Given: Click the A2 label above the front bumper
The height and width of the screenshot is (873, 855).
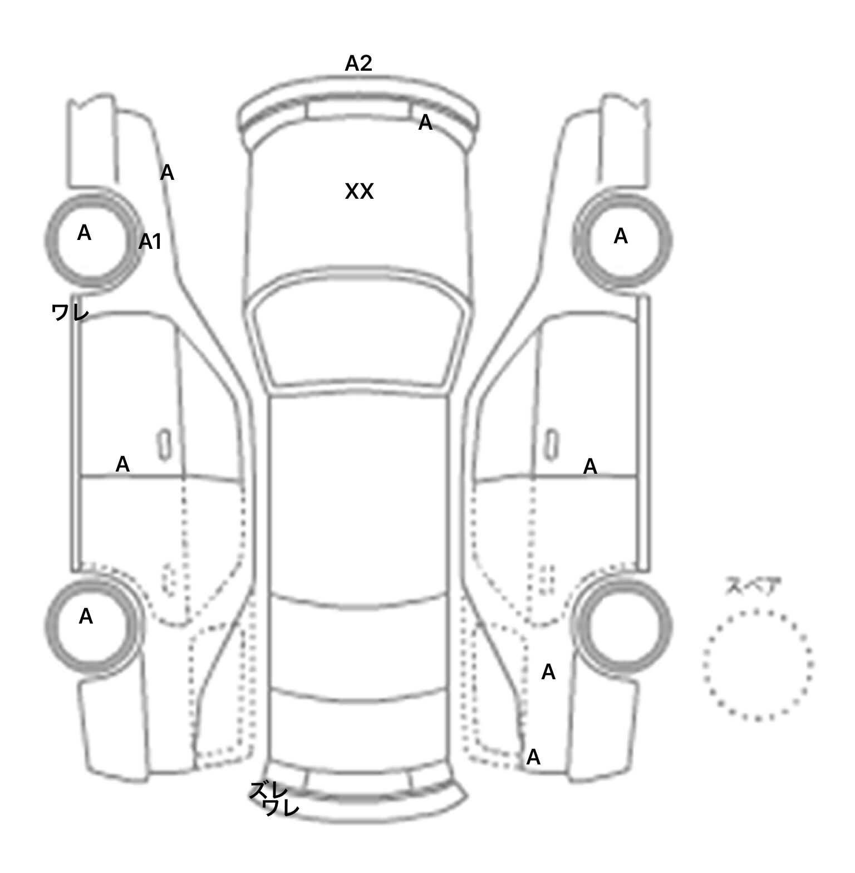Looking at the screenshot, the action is click(x=358, y=63).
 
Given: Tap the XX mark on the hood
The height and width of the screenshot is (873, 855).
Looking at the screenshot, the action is click(x=359, y=192).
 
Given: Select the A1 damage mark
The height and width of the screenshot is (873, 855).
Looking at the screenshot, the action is click(x=150, y=242).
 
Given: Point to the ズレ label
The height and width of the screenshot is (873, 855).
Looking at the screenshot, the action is click(x=269, y=790).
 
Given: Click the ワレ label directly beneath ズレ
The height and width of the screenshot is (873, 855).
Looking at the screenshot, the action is click(x=281, y=807).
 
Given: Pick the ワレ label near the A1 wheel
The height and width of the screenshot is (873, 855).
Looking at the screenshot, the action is click(x=70, y=312).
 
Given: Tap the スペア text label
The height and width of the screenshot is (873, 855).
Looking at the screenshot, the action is click(x=753, y=586).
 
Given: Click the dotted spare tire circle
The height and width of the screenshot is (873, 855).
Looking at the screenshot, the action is click(x=758, y=665).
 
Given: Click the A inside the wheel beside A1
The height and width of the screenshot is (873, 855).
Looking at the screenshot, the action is click(x=84, y=233).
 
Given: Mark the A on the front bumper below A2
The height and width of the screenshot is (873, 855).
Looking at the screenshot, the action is click(x=425, y=122).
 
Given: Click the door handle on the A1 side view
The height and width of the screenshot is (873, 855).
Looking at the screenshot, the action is click(x=164, y=445).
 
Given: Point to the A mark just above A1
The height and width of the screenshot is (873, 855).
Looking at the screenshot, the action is click(x=167, y=173).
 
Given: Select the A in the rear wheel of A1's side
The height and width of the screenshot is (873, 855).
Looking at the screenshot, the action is click(x=86, y=616).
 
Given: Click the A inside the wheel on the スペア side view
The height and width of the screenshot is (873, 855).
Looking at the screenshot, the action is click(x=621, y=237).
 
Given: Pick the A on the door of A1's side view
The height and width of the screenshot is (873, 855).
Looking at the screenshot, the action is click(x=122, y=464).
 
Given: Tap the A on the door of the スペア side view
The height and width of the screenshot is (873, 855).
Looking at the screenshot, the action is click(x=590, y=467).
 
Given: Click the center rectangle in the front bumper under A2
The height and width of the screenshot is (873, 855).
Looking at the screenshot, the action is click(x=356, y=109).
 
